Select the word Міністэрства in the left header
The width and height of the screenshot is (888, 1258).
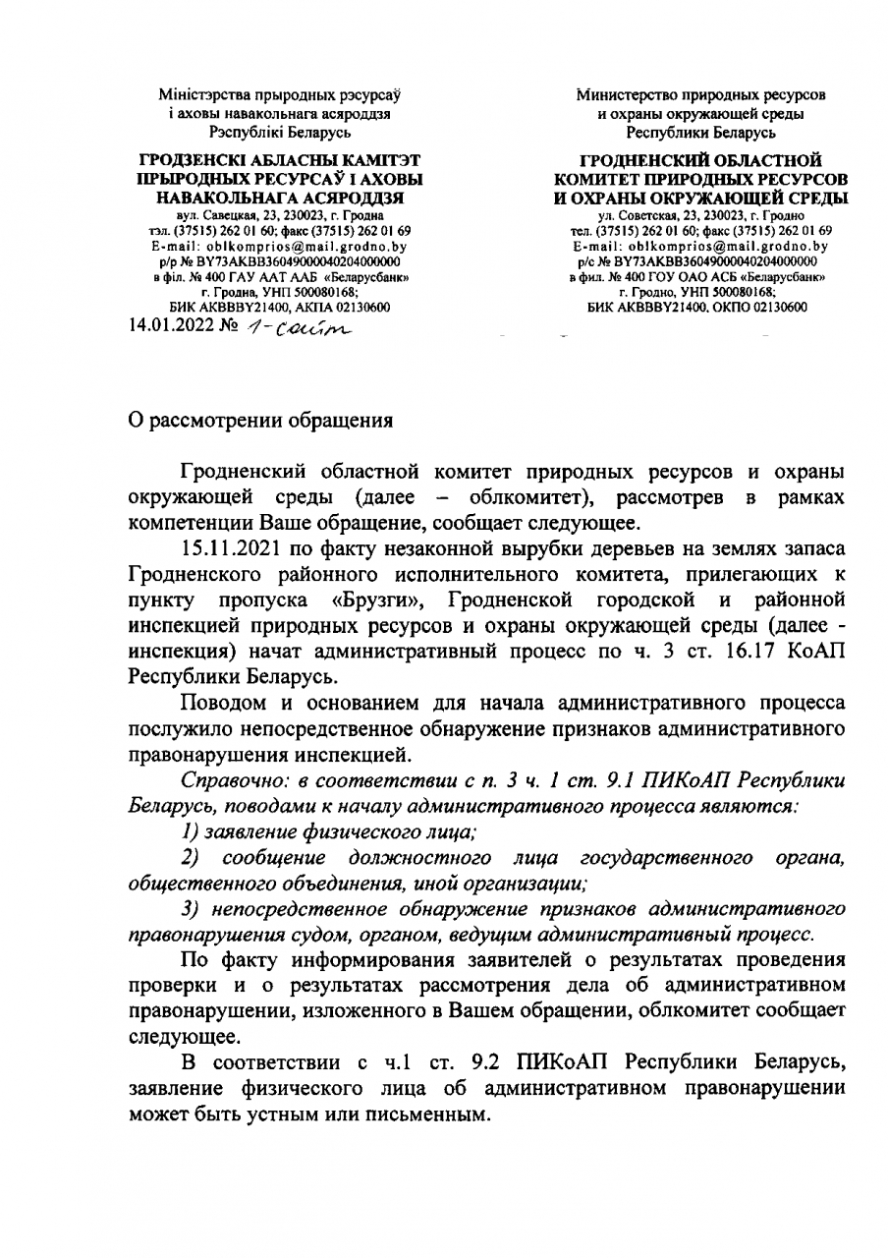coord(212,95)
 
